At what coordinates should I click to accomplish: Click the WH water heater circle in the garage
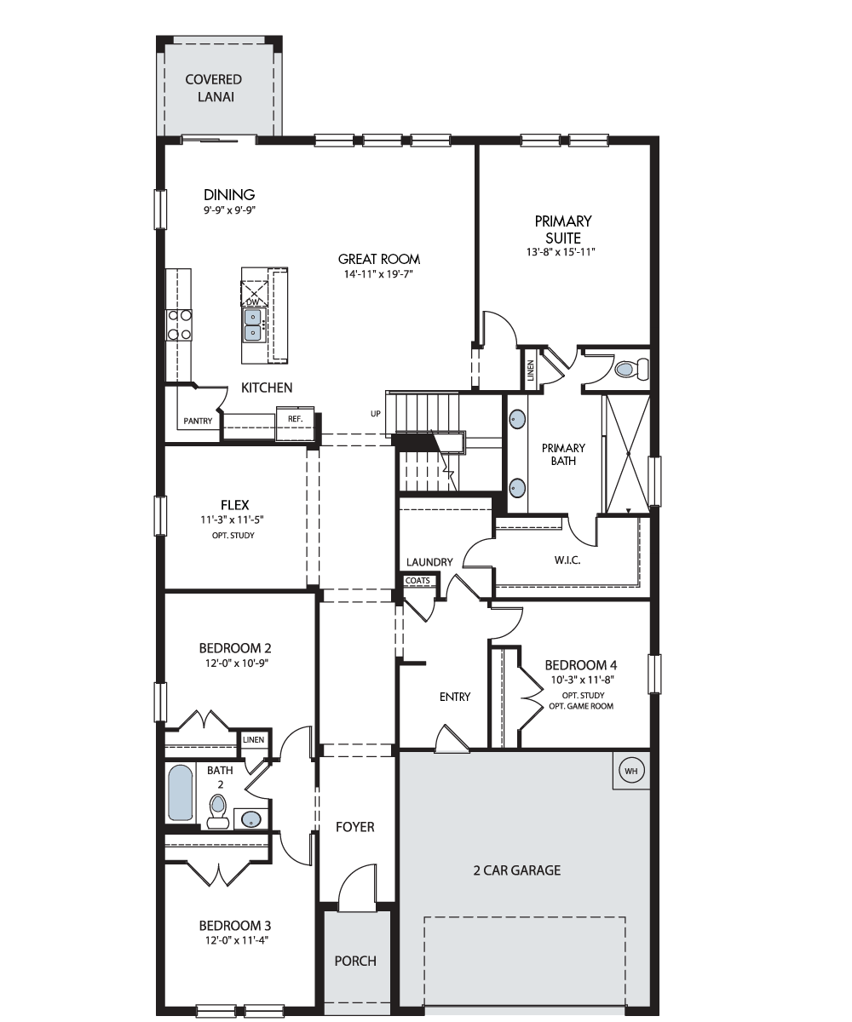coord(631,771)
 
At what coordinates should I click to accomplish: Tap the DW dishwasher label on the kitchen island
coord(252,302)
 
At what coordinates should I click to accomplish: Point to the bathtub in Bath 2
coord(180,793)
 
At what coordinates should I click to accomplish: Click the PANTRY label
coord(198,421)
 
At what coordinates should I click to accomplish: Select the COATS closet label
coord(417,581)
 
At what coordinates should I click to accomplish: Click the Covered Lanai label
coord(214,88)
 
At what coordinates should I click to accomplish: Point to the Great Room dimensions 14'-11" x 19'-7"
coord(378,274)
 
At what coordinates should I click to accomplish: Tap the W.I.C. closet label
coord(567,560)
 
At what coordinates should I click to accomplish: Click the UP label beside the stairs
coord(376,414)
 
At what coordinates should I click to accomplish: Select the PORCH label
coord(355,962)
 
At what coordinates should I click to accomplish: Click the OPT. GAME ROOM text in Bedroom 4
coord(581,706)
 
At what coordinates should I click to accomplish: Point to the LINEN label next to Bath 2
coord(253,739)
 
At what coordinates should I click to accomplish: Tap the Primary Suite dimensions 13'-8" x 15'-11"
coord(561,252)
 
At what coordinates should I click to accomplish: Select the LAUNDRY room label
coord(429,562)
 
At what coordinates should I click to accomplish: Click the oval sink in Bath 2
coord(251,818)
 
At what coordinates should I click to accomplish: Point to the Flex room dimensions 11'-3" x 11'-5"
coord(233,520)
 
